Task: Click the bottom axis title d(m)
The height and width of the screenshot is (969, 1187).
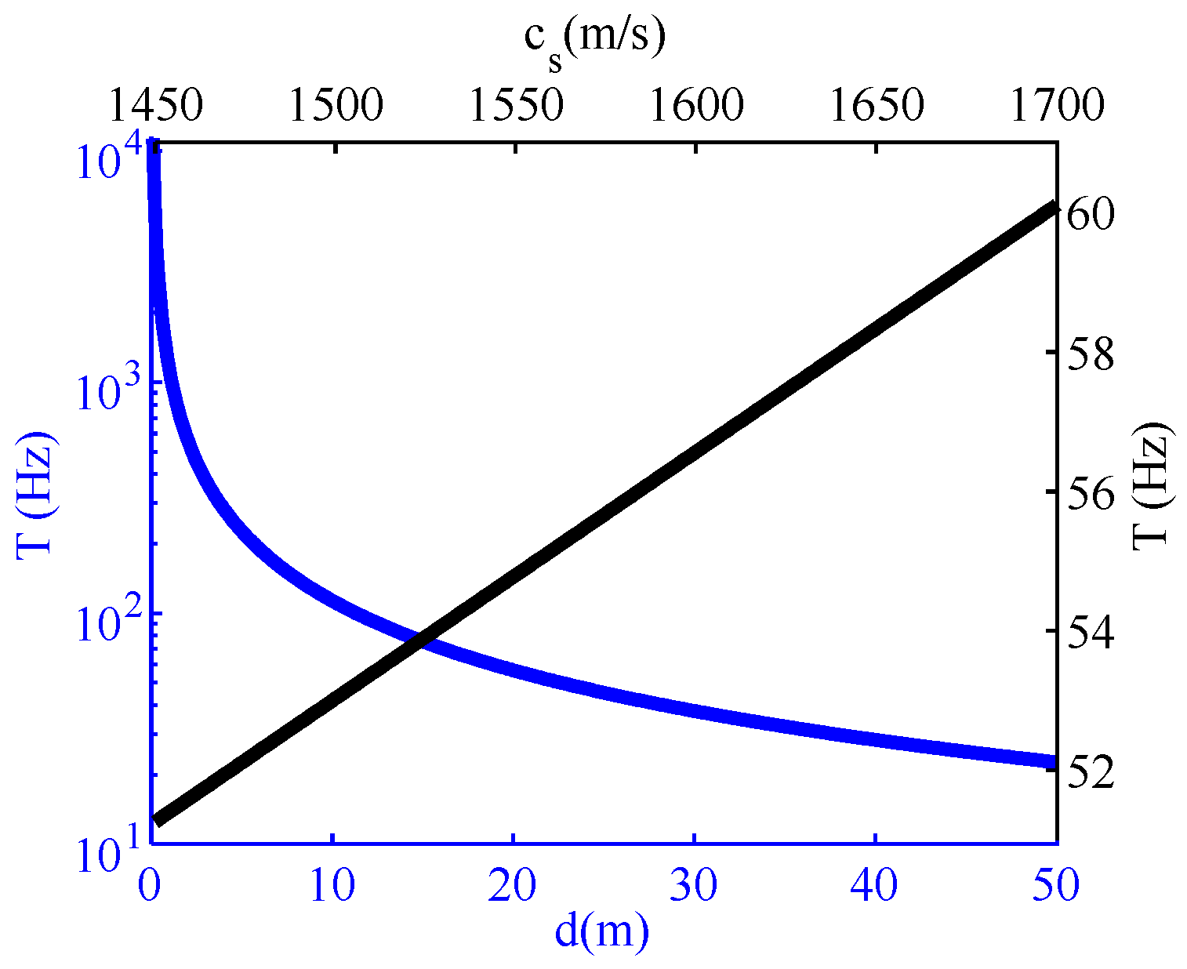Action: (602, 931)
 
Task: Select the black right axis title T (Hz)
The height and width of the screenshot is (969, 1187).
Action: (1152, 484)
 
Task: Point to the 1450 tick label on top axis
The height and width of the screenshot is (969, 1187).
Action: (155, 105)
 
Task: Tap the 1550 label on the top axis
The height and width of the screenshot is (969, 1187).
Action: (516, 105)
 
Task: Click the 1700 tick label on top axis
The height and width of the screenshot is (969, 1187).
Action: (1057, 105)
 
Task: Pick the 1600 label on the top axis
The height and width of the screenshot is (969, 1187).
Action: (696, 105)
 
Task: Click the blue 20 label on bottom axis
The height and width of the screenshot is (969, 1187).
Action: (513, 885)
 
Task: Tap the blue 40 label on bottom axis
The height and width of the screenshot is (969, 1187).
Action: (874, 885)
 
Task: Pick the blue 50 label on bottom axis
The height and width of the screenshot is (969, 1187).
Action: (1056, 885)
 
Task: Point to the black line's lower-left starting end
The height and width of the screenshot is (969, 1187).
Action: (157, 821)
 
